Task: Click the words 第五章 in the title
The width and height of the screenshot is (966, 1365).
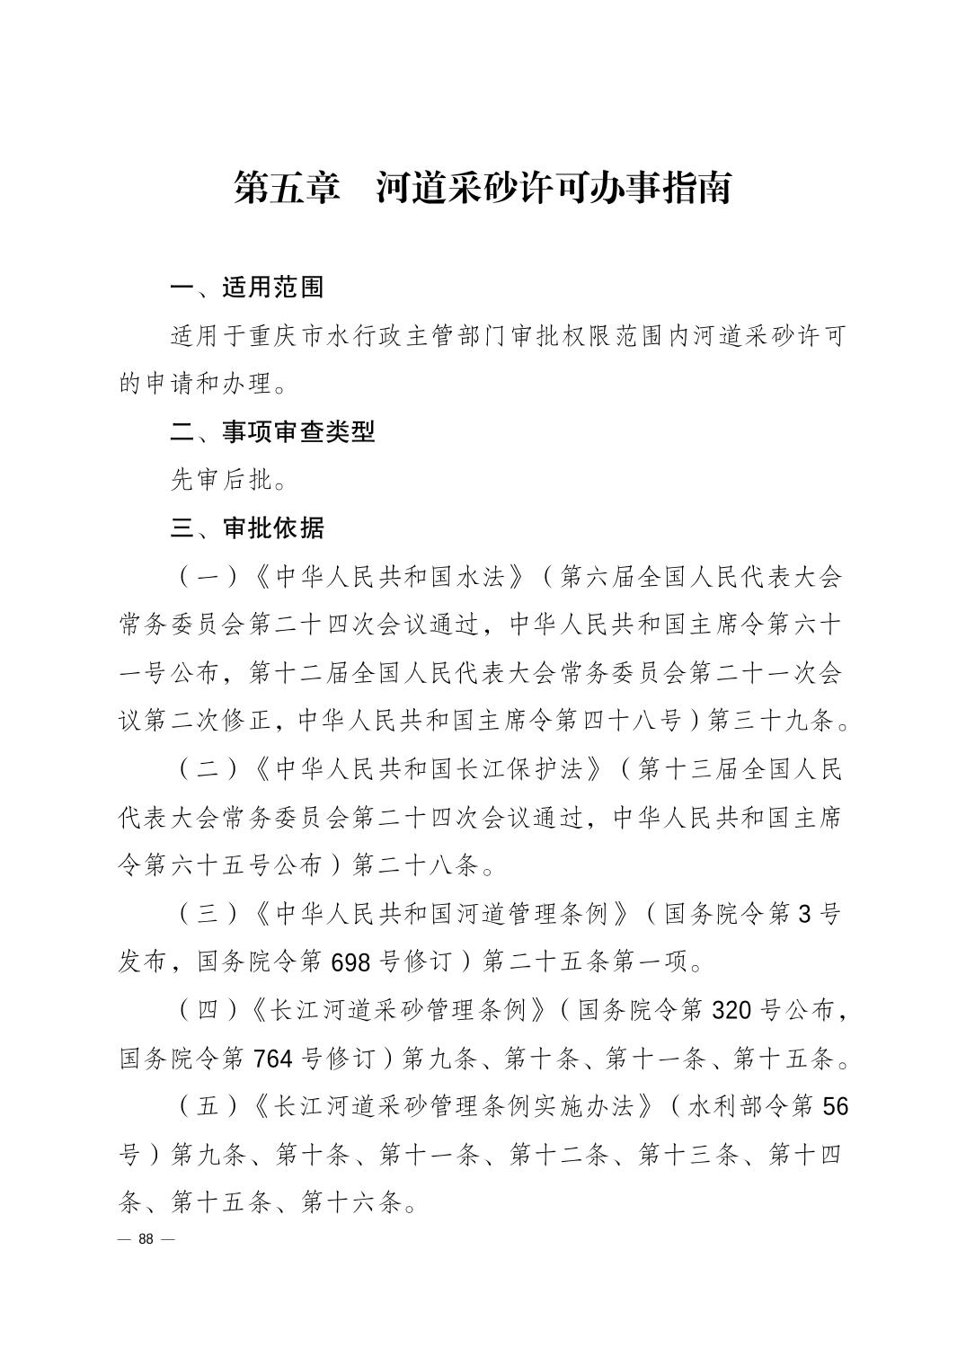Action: [x=287, y=187]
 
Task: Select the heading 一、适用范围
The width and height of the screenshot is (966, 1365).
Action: [x=247, y=288]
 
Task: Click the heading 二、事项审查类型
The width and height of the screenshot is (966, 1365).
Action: [x=272, y=432]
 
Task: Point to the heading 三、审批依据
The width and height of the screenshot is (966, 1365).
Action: [x=247, y=528]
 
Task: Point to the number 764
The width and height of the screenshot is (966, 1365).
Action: [x=273, y=1059]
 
